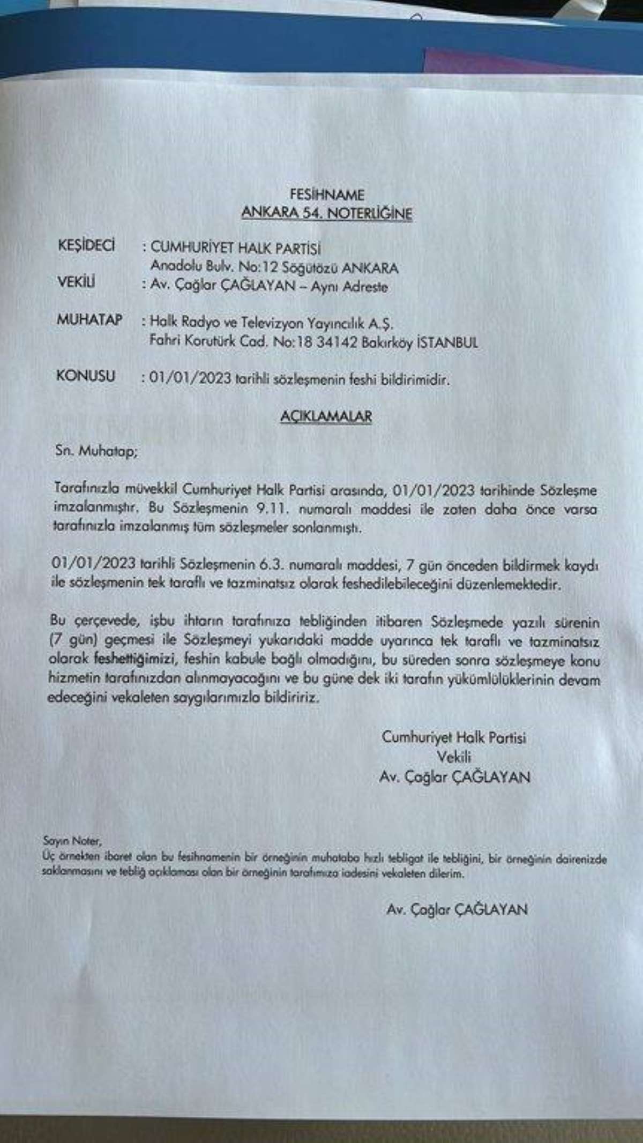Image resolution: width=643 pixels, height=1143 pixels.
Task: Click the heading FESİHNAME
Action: [326, 194]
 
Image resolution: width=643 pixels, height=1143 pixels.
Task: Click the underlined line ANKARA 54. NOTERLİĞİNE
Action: [326, 213]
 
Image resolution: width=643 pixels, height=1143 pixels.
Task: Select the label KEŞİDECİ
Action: [86, 245]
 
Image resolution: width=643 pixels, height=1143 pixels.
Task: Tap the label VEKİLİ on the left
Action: [76, 282]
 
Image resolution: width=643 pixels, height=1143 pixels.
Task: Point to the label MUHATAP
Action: [89, 320]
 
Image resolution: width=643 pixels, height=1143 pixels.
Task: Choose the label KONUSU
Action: [85, 376]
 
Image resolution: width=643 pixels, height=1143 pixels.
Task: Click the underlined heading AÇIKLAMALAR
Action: [326, 417]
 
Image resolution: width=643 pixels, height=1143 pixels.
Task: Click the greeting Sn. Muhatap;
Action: [96, 451]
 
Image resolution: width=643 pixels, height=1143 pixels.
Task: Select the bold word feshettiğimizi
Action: [136, 659]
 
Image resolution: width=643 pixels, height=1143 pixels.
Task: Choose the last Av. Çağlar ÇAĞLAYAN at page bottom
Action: [457, 909]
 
